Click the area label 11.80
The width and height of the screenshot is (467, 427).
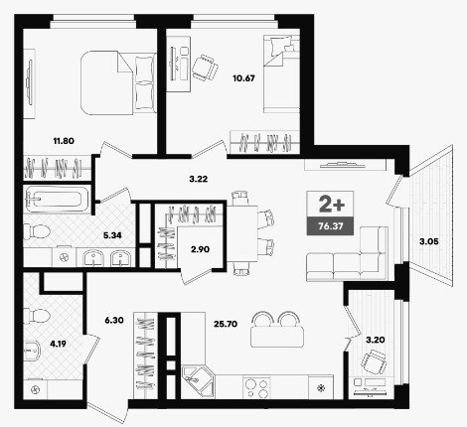64,141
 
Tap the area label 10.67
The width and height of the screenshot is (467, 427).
243,78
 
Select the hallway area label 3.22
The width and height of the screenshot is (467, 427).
199,179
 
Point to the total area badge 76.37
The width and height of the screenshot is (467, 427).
330,226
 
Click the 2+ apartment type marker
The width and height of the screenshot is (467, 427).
332,204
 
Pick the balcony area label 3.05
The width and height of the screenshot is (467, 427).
429,241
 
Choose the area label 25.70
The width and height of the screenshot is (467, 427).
226,324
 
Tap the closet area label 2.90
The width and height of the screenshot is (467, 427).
200,249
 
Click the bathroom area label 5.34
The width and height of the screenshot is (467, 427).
112,235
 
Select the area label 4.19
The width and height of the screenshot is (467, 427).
58,344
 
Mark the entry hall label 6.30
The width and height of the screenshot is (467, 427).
114,320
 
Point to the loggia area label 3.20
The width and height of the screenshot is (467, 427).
376,340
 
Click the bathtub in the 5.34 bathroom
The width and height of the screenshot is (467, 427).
58,200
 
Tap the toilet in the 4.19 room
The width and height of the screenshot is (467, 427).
36,317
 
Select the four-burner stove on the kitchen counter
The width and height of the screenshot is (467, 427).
256,387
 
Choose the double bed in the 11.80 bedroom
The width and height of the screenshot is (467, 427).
118,82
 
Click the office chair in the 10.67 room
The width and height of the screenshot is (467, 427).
205,68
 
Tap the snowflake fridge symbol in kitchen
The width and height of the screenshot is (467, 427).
321,387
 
